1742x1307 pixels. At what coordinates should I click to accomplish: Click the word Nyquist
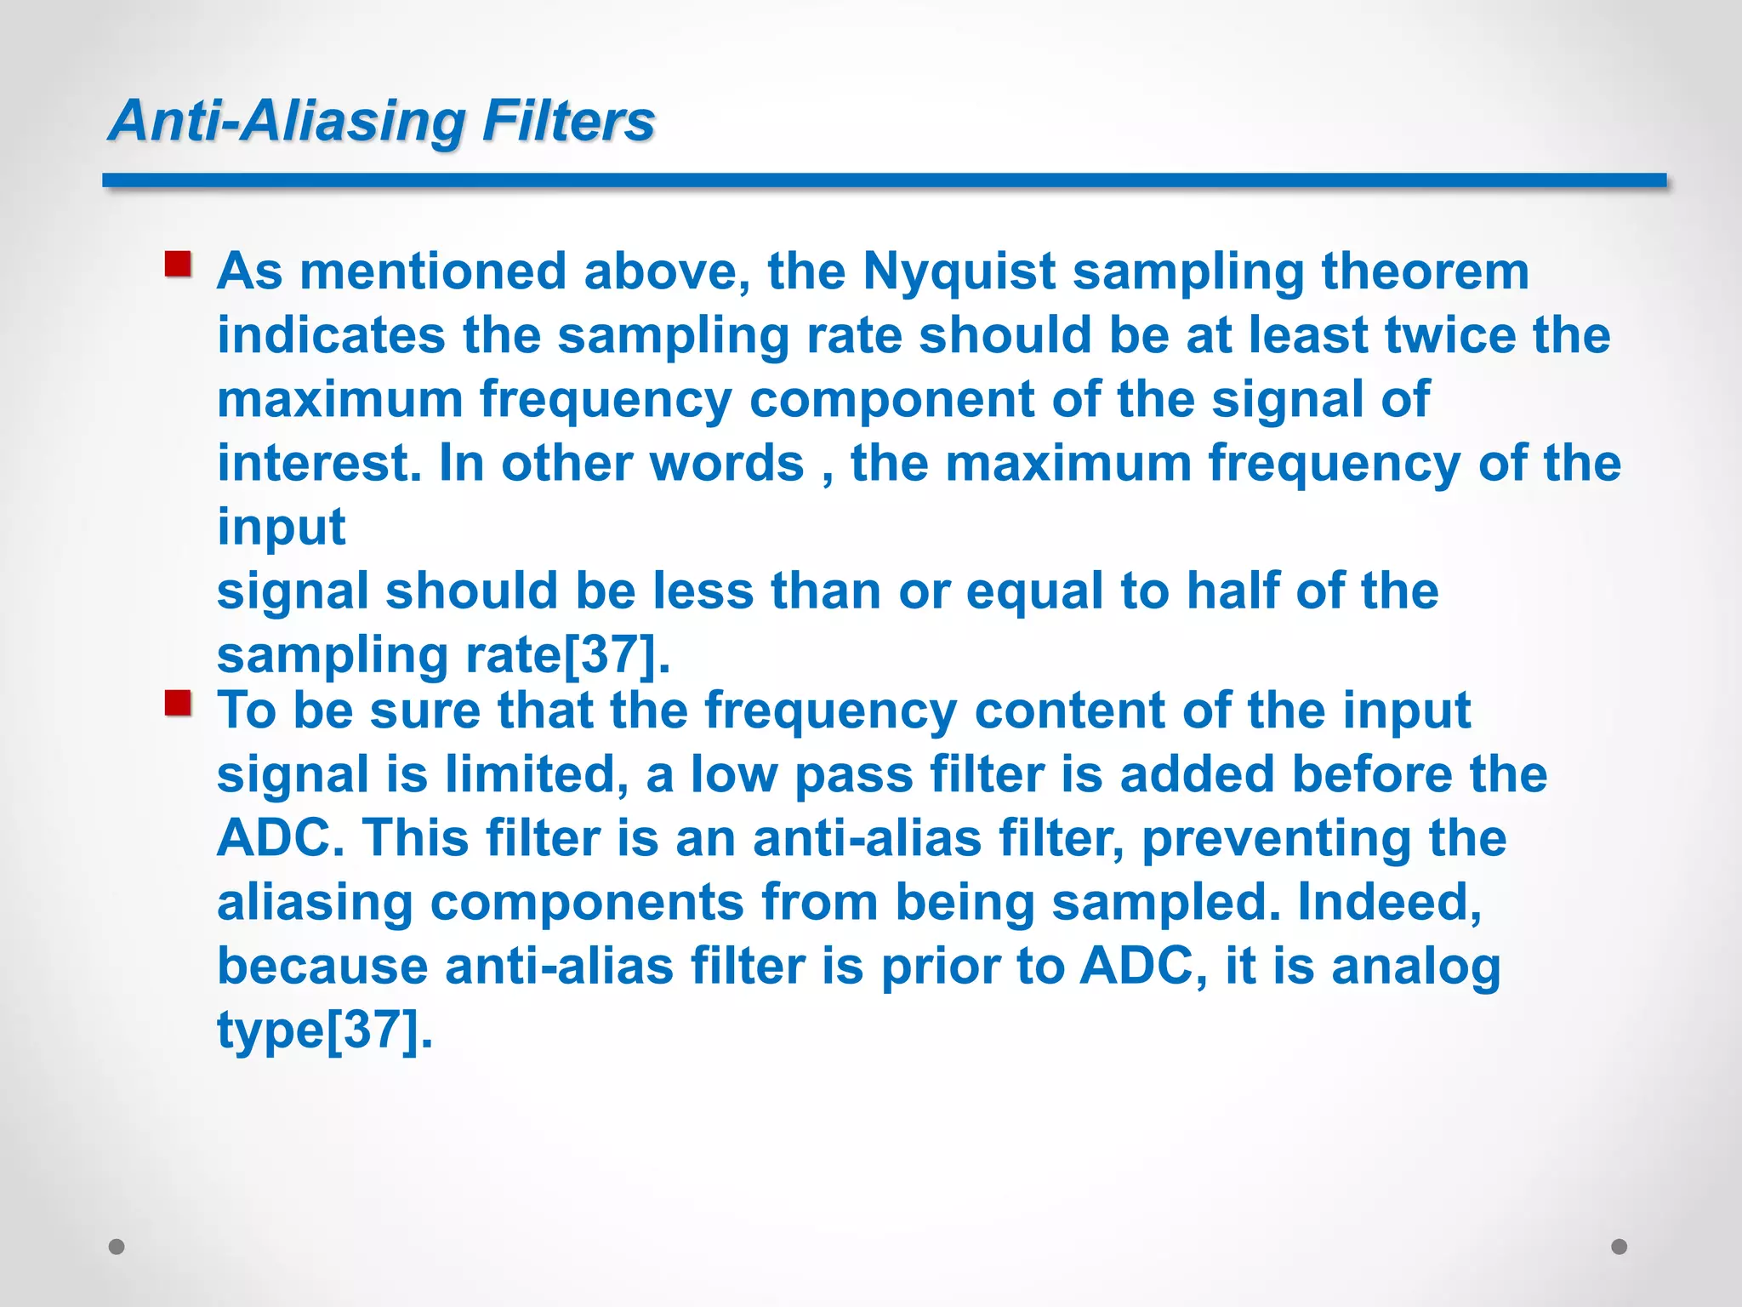coord(959,272)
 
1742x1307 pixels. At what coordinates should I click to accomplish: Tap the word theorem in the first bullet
coord(1425,272)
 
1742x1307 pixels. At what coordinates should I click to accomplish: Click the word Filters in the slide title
coord(568,121)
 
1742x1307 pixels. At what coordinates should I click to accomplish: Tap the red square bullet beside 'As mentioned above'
coord(178,265)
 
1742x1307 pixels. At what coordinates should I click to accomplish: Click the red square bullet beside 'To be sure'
coord(178,704)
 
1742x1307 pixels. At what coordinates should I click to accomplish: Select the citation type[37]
coord(324,1030)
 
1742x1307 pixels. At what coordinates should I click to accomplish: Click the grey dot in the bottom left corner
coord(117,1247)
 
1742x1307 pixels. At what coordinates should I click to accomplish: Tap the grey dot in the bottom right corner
coord(1620,1247)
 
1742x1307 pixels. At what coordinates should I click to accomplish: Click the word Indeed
coord(1388,902)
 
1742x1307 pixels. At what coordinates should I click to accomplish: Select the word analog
coord(1416,967)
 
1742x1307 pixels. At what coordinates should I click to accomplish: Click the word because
coord(322,967)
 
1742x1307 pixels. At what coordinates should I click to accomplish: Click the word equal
coord(1034,592)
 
